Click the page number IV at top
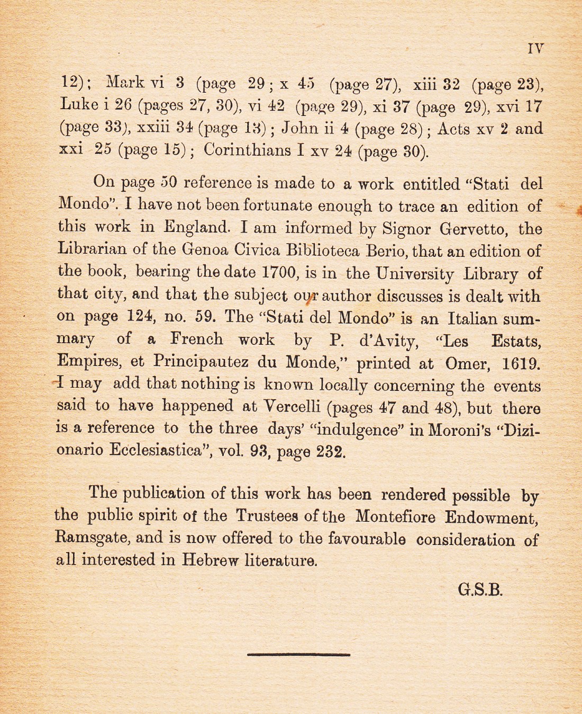click(535, 49)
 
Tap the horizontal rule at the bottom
click(298, 655)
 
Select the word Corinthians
click(247, 150)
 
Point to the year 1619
click(521, 364)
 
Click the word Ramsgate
click(91, 538)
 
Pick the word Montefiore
click(395, 516)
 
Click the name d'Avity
click(389, 341)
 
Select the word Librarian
click(92, 249)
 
